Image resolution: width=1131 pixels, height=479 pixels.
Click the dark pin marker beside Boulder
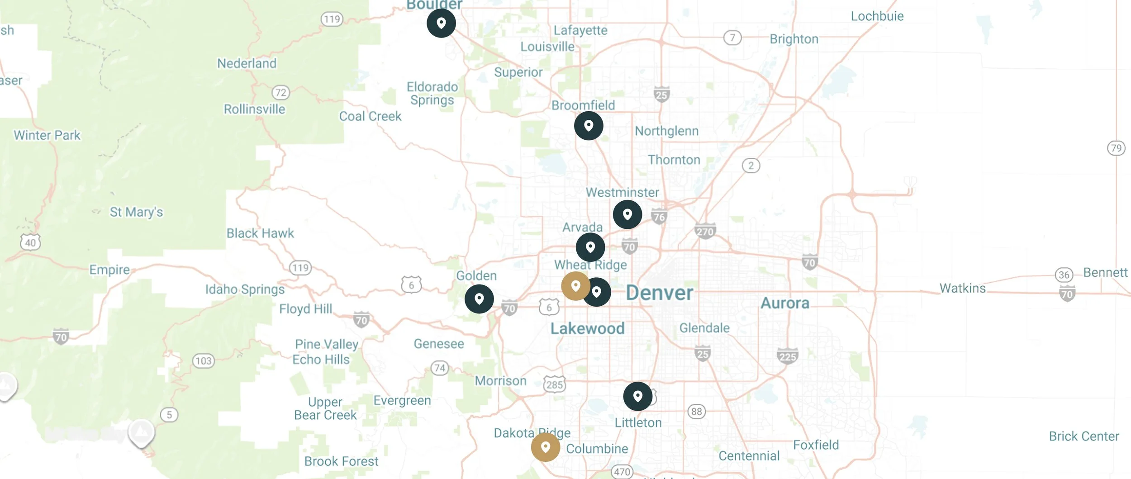pyautogui.click(x=441, y=23)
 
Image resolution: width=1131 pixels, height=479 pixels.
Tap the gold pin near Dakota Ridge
pyautogui.click(x=545, y=447)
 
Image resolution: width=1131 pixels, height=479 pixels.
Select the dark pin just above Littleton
pyautogui.click(x=637, y=396)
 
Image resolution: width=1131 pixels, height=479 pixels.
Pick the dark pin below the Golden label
pyautogui.click(x=479, y=299)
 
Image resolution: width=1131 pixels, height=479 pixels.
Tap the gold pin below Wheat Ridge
pyautogui.click(x=575, y=286)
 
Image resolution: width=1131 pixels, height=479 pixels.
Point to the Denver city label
pyautogui.click(x=659, y=293)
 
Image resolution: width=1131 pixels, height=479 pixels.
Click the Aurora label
pyautogui.click(x=785, y=303)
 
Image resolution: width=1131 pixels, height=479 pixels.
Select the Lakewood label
pyautogui.click(x=587, y=328)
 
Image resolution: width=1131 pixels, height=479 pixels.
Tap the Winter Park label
pyautogui.click(x=47, y=135)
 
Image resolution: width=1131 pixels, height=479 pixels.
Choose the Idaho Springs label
pyautogui.click(x=245, y=289)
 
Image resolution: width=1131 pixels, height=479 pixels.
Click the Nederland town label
pyautogui.click(x=247, y=63)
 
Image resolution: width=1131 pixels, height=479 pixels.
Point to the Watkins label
pyautogui.click(x=962, y=288)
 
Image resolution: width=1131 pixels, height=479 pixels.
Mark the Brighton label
pyautogui.click(x=794, y=39)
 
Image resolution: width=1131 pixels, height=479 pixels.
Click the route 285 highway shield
pyautogui.click(x=554, y=384)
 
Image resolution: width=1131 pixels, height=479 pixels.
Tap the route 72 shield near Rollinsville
pyautogui.click(x=280, y=93)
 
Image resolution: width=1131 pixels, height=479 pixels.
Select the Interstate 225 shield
pyautogui.click(x=788, y=356)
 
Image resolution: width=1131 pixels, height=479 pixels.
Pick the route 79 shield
pyautogui.click(x=1116, y=148)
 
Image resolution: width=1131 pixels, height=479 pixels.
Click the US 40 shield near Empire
pyautogui.click(x=30, y=242)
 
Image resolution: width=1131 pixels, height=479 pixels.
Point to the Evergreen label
pyautogui.click(x=402, y=401)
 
